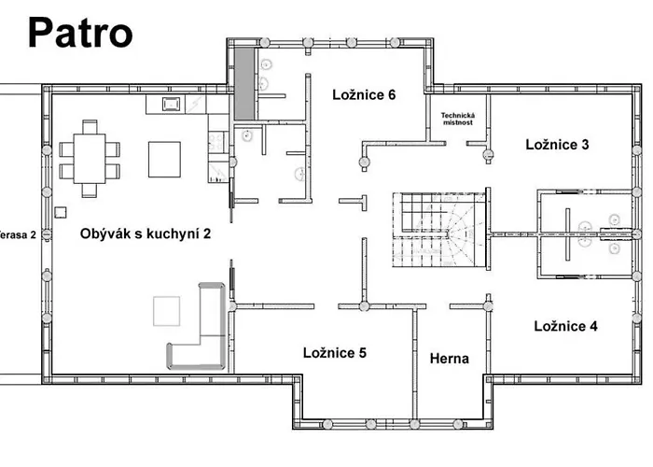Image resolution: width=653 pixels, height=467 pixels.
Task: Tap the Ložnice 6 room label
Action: click(x=366, y=94)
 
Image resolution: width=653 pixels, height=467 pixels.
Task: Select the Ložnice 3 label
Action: click(x=557, y=145)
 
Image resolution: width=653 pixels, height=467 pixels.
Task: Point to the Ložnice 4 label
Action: click(x=565, y=326)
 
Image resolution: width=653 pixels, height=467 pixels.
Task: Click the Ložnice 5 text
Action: click(x=334, y=352)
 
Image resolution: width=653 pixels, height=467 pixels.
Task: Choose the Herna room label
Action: click(x=449, y=359)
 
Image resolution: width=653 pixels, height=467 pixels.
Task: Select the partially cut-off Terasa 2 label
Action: click(x=18, y=234)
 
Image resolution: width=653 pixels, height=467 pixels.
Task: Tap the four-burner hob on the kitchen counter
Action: click(x=215, y=143)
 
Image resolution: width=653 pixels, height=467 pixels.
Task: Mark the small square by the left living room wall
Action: click(x=60, y=211)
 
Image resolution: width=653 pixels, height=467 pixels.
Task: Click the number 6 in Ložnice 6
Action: click(x=392, y=94)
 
